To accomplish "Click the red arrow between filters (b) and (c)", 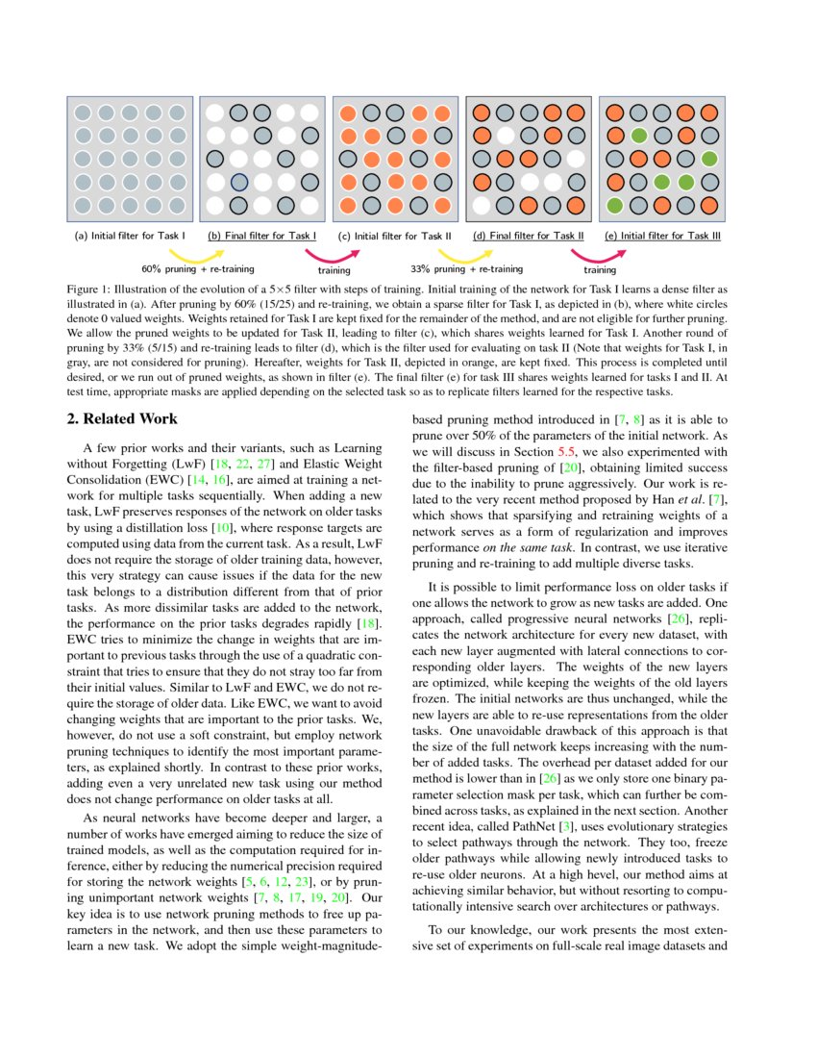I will coord(333,255).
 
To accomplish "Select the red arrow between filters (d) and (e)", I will coord(598,255).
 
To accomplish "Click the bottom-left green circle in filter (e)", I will coord(615,205).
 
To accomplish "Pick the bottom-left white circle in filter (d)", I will coord(483,205).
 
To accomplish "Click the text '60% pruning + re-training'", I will coord(197,269).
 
